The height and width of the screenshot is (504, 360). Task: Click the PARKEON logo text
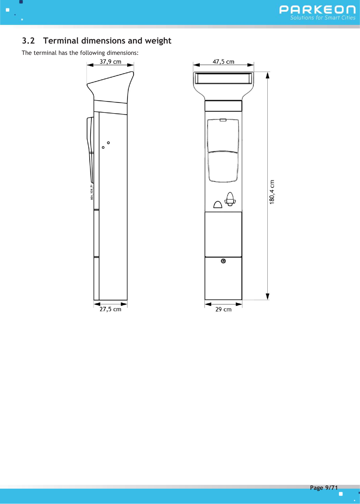pyautogui.click(x=317, y=10)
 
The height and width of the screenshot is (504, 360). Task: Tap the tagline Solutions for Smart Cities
pyautogui.click(x=323, y=18)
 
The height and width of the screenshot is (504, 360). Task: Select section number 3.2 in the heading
pyautogui.click(x=28, y=41)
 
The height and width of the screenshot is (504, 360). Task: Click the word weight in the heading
pyautogui.click(x=158, y=41)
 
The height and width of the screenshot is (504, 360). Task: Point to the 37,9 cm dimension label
pyautogui.click(x=110, y=62)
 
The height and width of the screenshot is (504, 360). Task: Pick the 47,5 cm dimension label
pyautogui.click(x=223, y=62)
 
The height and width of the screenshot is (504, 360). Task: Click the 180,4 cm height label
pyautogui.click(x=272, y=192)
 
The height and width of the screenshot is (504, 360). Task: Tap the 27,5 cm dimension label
pyautogui.click(x=110, y=309)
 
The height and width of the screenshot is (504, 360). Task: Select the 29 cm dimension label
pyautogui.click(x=223, y=309)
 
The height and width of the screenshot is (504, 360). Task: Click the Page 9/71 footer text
pyautogui.click(x=324, y=487)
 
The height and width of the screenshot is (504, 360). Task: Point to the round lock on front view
pyautogui.click(x=223, y=261)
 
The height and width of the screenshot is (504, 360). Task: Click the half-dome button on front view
pyautogui.click(x=218, y=205)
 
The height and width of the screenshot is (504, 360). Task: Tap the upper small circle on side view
pyautogui.click(x=108, y=143)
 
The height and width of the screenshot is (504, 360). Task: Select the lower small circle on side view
pyautogui.click(x=103, y=147)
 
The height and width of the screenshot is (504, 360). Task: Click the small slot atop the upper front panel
pyautogui.click(x=223, y=120)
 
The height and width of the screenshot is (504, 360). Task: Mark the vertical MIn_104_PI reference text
pyautogui.click(x=92, y=192)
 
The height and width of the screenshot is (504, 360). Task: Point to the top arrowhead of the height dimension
pyautogui.click(x=268, y=75)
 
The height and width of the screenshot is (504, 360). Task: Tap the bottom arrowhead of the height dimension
pyautogui.click(x=268, y=296)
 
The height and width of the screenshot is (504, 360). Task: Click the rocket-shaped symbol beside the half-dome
pyautogui.click(x=230, y=199)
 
